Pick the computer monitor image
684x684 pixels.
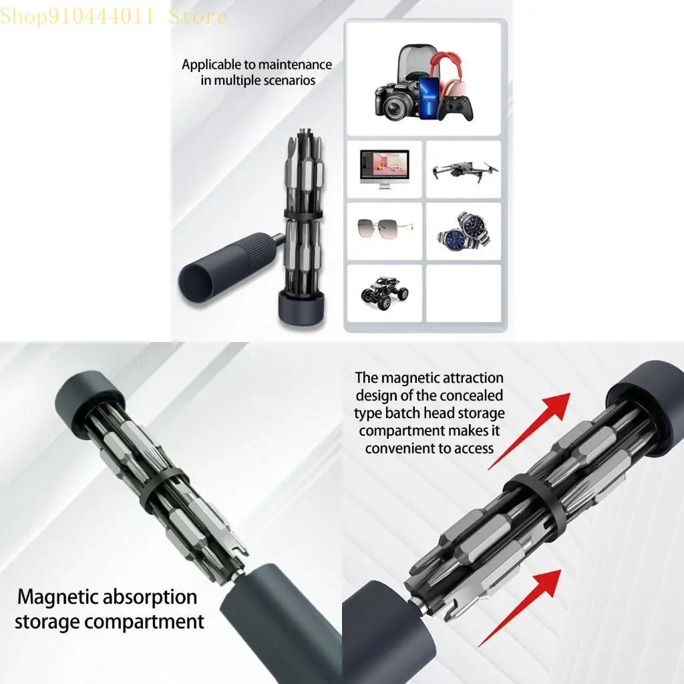(384, 167)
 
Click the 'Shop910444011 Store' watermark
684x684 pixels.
(114, 16)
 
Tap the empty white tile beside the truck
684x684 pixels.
(464, 293)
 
